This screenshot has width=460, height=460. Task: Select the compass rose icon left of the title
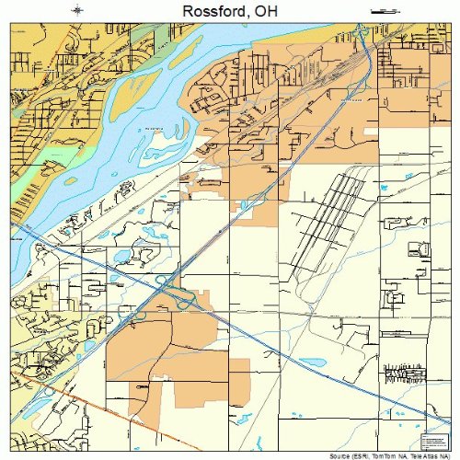pos(78,9)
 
